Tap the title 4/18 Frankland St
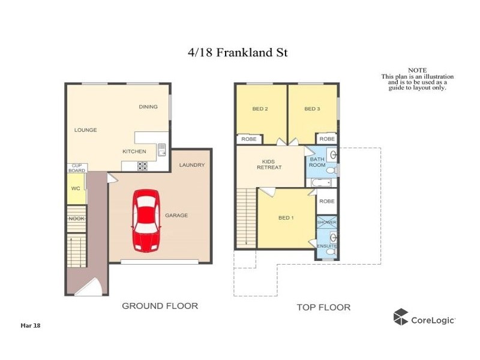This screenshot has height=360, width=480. pyautogui.click(x=238, y=53)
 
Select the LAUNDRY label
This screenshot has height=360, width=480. pyautogui.click(x=192, y=165)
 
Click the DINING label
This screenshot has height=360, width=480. pyautogui.click(x=148, y=107)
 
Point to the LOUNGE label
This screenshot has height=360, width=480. pyautogui.click(x=85, y=130)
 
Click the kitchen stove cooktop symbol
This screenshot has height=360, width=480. pyautogui.click(x=143, y=166)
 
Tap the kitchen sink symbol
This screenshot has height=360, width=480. pyautogui.click(x=161, y=150)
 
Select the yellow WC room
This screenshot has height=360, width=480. pyautogui.click(x=76, y=188)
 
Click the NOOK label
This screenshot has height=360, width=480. pyautogui.click(x=76, y=218)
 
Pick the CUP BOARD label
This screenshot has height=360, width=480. pyautogui.click(x=77, y=168)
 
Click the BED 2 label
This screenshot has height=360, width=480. pyautogui.click(x=260, y=109)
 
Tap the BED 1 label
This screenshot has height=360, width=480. pyautogui.click(x=286, y=217)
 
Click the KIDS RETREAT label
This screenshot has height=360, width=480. pyautogui.click(x=269, y=164)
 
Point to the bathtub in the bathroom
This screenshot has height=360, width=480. pyautogui.click(x=321, y=182)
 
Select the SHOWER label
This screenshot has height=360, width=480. pyautogui.click(x=327, y=223)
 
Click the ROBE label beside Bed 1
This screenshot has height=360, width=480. pyautogui.click(x=327, y=202)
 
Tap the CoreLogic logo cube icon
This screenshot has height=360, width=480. pyautogui.click(x=400, y=317)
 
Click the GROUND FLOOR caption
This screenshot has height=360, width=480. pyautogui.click(x=160, y=306)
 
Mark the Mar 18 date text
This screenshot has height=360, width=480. pyautogui.click(x=30, y=325)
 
